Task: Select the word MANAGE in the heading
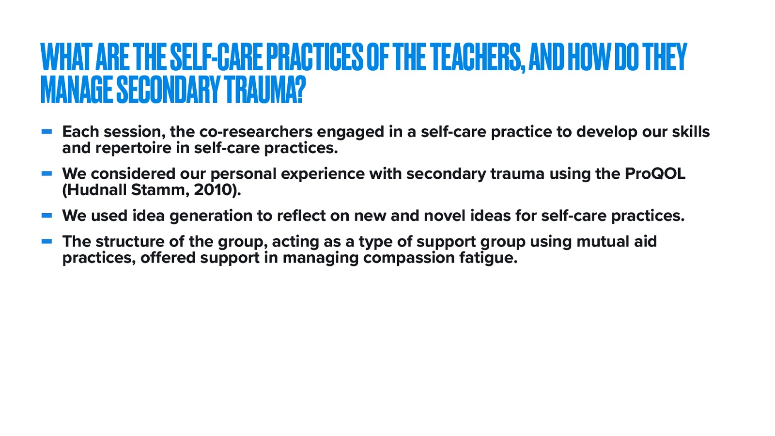tap(77, 90)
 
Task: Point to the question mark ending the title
tap(301, 90)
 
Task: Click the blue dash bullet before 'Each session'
tap(47, 131)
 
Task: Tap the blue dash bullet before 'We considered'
tap(47, 173)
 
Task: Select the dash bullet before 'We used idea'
tap(47, 216)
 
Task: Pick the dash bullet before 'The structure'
tap(47, 241)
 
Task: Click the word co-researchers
tap(256, 132)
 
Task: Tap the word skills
tap(691, 132)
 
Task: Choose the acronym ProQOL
tap(655, 174)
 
